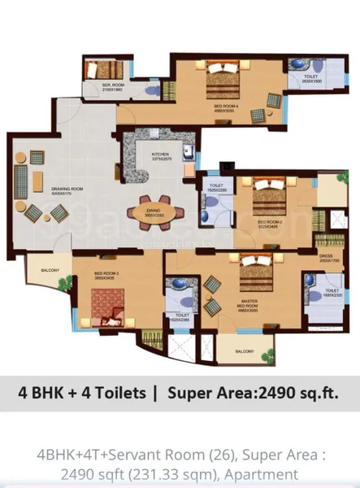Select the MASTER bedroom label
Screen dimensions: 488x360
coord(249,285)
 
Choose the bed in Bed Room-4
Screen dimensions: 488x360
coord(221,81)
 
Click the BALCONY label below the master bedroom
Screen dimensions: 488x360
coord(243,351)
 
